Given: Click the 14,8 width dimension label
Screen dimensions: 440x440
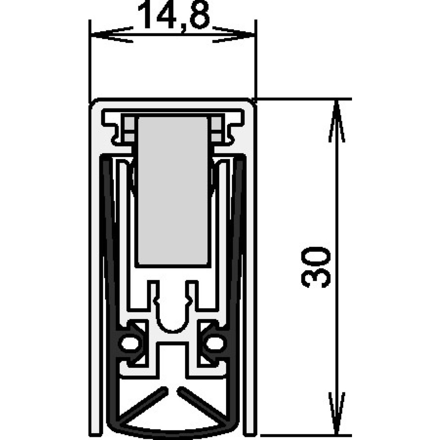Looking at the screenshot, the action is (x=174, y=15).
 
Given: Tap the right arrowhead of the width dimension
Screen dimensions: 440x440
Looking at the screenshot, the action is (x=234, y=35).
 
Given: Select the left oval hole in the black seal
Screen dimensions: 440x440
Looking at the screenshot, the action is (x=130, y=343).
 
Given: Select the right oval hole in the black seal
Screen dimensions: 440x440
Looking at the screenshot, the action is (x=216, y=343).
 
